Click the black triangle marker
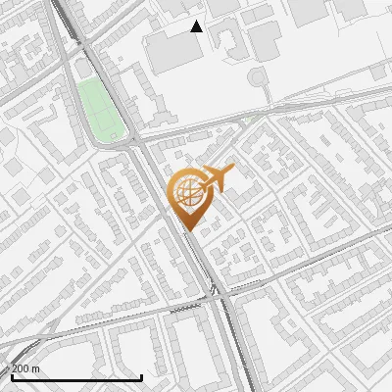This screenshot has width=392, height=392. coord(196,26)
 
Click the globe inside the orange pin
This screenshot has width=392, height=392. coord(186,190)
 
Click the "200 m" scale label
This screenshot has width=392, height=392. coord(24,367)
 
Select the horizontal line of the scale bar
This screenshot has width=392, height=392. coord(76,376)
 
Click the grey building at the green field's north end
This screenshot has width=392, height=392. coord(82,68)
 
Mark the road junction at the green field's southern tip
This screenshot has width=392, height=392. coord(132,144)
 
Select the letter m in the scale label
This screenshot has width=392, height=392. coord(35,367)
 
